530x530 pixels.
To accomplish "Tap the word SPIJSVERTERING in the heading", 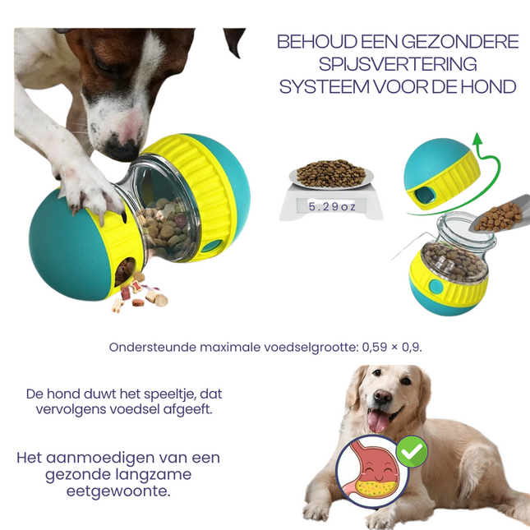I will click(398, 64).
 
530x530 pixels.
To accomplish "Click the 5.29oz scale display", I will click(332, 207).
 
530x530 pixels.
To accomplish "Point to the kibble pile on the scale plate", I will click(330, 173).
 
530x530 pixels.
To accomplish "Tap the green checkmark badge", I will click(411, 452).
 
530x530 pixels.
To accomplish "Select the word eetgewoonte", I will click(119, 491).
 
